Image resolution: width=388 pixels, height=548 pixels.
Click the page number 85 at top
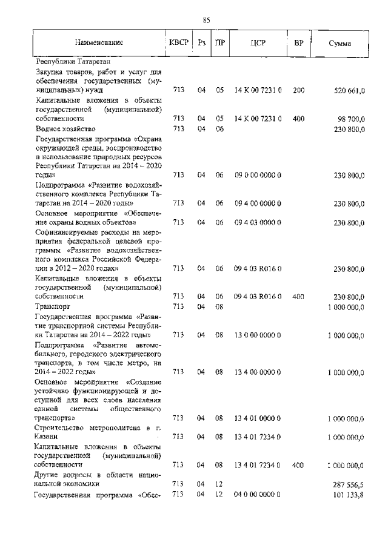point(206,21)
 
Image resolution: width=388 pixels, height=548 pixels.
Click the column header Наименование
point(99,43)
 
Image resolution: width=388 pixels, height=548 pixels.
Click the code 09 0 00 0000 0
point(258,175)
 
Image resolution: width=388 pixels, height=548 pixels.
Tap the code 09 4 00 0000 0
point(258,204)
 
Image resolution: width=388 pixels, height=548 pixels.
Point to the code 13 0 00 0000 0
point(258,335)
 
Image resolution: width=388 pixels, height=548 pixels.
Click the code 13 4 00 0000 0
point(258,372)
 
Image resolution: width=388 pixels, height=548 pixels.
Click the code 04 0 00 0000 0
point(258,495)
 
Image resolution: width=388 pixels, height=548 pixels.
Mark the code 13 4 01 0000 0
point(258,418)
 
